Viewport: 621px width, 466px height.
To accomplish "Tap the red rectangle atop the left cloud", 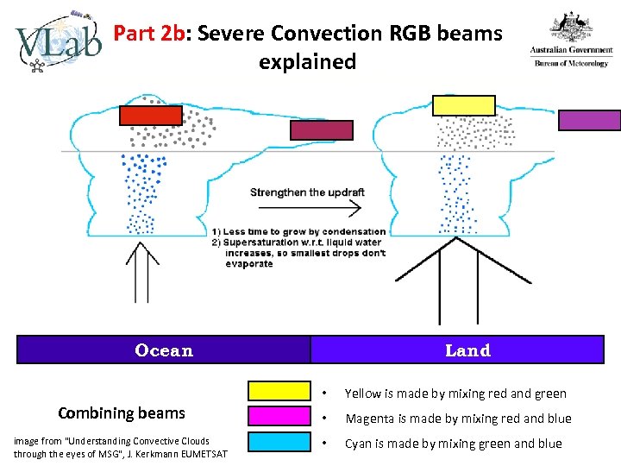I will tap(151, 115).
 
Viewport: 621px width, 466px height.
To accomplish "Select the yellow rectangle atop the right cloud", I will tap(464, 105).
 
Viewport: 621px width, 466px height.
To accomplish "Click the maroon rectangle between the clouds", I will tap(322, 129).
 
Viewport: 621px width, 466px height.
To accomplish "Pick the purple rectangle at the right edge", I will tap(590, 120).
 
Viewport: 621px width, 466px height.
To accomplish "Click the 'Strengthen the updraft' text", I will tap(307, 192).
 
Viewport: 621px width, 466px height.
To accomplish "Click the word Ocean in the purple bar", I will tap(164, 350).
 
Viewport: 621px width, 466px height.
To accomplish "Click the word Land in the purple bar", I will tap(467, 350).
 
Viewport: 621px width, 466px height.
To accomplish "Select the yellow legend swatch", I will tap(279, 391).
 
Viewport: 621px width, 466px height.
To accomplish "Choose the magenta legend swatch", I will tap(279, 417).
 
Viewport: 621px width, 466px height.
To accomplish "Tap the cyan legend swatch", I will tap(279, 443).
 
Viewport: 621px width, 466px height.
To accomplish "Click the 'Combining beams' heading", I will tap(121, 413).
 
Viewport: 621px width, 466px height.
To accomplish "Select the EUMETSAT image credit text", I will tap(121, 447).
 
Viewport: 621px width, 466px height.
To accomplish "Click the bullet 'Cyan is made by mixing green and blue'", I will tap(453, 444).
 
